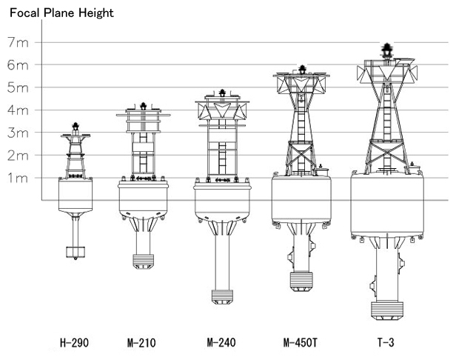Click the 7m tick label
tap(18, 42)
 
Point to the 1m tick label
tap(18, 178)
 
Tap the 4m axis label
tap(18, 110)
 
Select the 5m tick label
tap(18, 87)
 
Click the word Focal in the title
tap(25, 13)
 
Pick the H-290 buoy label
tap(74, 342)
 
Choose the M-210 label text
tap(141, 342)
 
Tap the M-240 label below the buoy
tap(221, 342)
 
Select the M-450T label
tap(300, 342)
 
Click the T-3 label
tap(386, 342)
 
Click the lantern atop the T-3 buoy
tap(387, 50)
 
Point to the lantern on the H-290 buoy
tap(76, 127)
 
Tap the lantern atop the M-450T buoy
tap(303, 70)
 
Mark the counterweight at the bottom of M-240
tap(222, 297)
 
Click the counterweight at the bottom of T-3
tap(387, 310)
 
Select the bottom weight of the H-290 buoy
tap(76, 253)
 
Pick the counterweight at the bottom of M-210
tap(143, 261)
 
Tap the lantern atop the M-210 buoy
tap(143, 106)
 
